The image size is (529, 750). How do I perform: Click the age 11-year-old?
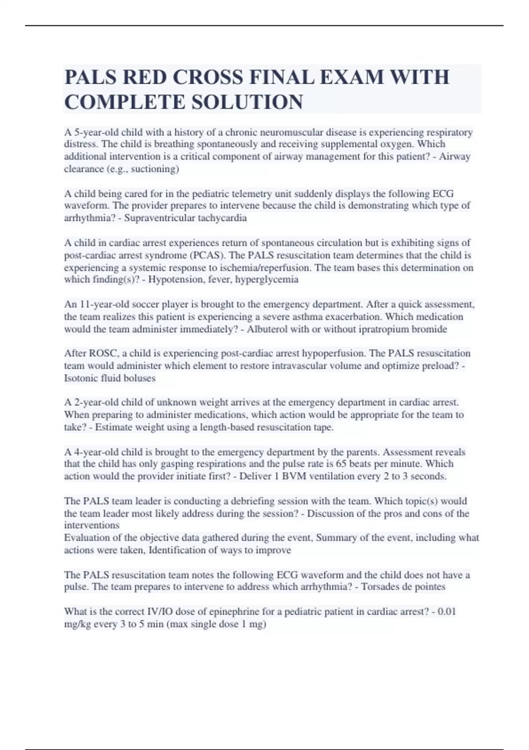tap(98, 304)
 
